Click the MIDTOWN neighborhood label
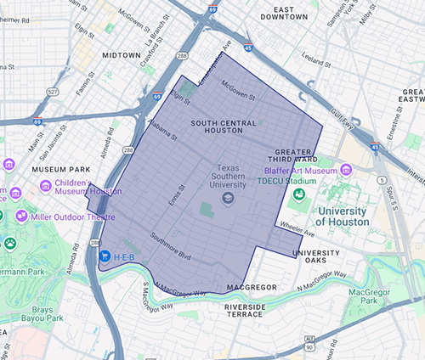coord(122,55)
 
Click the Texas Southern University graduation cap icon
coord(227,198)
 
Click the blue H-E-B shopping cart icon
coord(105,255)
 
